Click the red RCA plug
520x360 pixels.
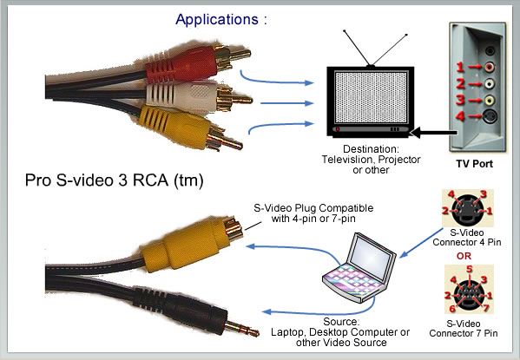coord(198,63)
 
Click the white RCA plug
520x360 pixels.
coord(199,97)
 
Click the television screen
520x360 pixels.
coord(371,97)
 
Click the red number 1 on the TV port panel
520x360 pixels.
coord(459,68)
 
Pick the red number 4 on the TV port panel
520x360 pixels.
coord(460,116)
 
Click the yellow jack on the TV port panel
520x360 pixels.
coord(489,100)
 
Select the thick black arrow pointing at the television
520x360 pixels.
coord(434,132)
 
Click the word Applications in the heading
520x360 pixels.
coord(217,20)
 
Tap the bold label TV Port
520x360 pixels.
coord(474,164)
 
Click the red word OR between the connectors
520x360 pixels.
coord(464,256)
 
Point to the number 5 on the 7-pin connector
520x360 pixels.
coord(469,269)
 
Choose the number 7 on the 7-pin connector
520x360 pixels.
coord(486,308)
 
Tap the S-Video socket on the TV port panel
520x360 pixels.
coord(490,116)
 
